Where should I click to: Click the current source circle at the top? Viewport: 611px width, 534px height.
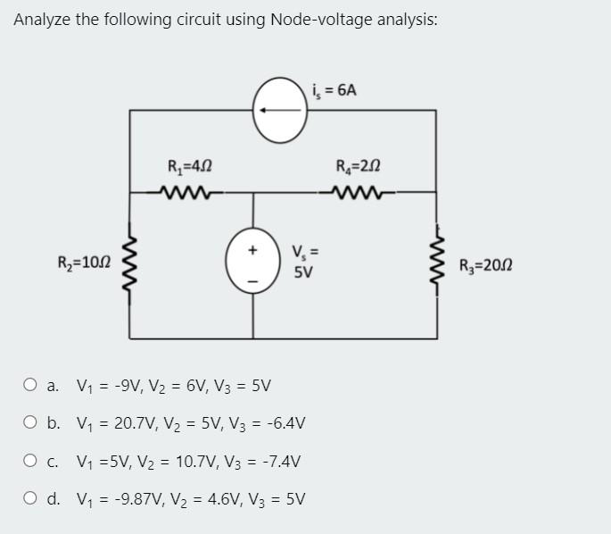pos(281,110)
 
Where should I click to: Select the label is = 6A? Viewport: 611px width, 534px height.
pos(335,89)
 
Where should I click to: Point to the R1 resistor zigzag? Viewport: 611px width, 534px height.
pos(188,191)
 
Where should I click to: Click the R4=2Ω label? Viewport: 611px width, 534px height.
pos(359,165)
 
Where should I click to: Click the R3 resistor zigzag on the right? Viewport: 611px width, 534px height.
pos(437,264)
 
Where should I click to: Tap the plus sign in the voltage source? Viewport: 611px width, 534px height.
pos(252,251)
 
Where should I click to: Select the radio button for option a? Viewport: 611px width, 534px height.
pos(30,387)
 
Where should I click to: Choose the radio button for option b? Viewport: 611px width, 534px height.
pos(30,424)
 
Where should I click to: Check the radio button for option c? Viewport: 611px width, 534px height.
pos(30,462)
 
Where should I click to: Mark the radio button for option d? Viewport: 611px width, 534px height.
pos(30,499)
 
